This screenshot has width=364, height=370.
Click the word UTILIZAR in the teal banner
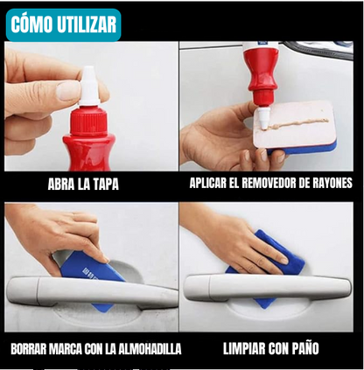(87, 25)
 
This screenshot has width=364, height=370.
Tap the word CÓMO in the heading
(31, 24)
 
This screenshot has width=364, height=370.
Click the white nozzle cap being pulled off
(88, 86)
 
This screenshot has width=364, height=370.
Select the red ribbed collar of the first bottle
(89, 121)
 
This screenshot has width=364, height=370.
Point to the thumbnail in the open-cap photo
(68, 91)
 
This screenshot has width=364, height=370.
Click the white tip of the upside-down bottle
(262, 117)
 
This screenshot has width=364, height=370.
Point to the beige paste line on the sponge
(297, 123)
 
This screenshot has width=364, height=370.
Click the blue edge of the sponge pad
(304, 150)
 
